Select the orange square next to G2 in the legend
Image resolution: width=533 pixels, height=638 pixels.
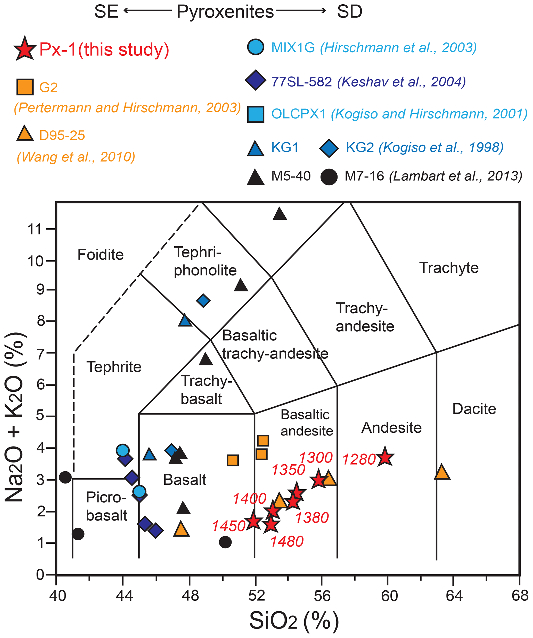pyautogui.click(x=25, y=87)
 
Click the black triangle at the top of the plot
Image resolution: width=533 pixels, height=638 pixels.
pyautogui.click(x=280, y=214)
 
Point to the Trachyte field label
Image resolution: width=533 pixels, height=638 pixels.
pyautogui.click(x=449, y=268)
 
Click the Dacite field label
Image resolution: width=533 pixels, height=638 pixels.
pyautogui.click(x=474, y=409)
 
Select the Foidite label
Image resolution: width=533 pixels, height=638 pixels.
pyautogui.click(x=101, y=254)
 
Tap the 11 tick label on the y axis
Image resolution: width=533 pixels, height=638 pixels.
pyautogui.click(x=34, y=229)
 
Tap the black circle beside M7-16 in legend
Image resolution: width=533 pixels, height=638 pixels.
pyautogui.click(x=329, y=177)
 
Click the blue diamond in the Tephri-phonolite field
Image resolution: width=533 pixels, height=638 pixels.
pyautogui.click(x=203, y=301)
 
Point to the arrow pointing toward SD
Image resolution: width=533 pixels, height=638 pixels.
pyautogui.click(x=301, y=11)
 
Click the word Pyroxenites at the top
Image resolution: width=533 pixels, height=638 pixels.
pyautogui.click(x=225, y=12)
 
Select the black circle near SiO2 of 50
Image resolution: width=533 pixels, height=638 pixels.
pyautogui.click(x=225, y=542)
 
